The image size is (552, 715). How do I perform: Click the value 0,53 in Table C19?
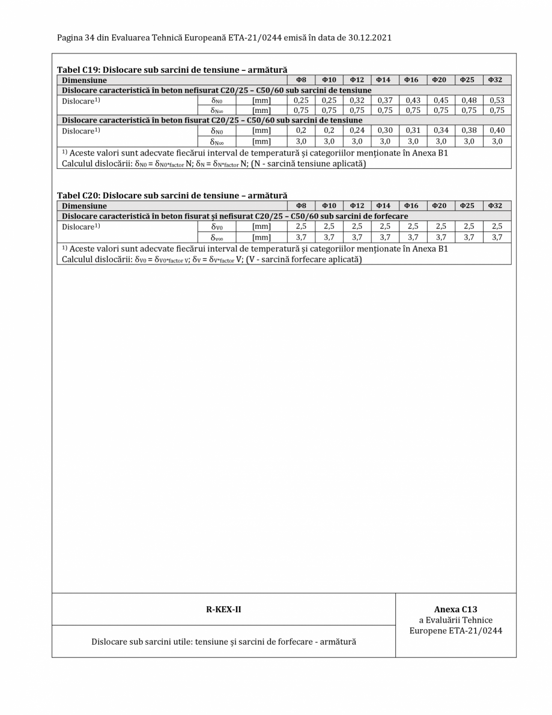(496, 100)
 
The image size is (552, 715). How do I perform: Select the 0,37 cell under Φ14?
(385, 100)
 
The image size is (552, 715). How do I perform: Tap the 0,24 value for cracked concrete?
(357, 130)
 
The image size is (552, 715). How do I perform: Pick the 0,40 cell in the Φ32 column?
(496, 130)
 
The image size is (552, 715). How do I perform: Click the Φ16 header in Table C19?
(413, 79)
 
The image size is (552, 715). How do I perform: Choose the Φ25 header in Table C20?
(468, 205)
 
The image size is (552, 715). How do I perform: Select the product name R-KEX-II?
(223, 609)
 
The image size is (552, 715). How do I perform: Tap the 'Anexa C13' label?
(456, 609)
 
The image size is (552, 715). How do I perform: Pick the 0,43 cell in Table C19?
(413, 100)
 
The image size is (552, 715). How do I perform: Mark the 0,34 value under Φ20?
(440, 130)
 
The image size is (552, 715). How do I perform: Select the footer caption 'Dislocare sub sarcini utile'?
(223, 641)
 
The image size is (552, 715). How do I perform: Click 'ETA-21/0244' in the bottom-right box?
(476, 631)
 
